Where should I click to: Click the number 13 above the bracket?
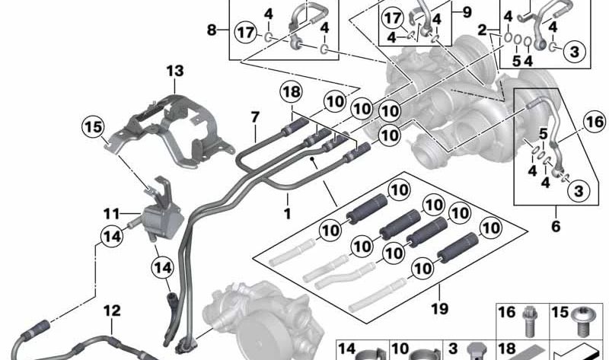tap(175, 71)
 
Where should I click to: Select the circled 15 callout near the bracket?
tap(93, 127)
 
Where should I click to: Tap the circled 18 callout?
tap(292, 92)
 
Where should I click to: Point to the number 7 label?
tap(255, 117)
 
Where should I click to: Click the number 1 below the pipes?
tap(288, 213)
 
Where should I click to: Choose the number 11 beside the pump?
tap(111, 214)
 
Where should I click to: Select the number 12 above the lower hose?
tap(112, 311)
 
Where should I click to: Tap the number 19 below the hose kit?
tap(440, 309)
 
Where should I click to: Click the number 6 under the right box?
tap(556, 225)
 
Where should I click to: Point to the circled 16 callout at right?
tap(595, 122)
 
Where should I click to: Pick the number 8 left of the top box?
tap(212, 30)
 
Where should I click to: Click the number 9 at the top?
tap(467, 12)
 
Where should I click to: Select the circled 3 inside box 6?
tap(579, 191)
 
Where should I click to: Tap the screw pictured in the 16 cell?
tap(528, 320)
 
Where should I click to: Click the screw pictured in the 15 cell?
tap(581, 320)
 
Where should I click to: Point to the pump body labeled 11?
tap(162, 223)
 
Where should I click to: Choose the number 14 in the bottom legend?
tap(346, 349)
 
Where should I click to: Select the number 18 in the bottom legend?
tap(507, 349)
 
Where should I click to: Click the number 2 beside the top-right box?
tap(482, 30)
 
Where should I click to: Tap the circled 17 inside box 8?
tap(246, 32)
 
